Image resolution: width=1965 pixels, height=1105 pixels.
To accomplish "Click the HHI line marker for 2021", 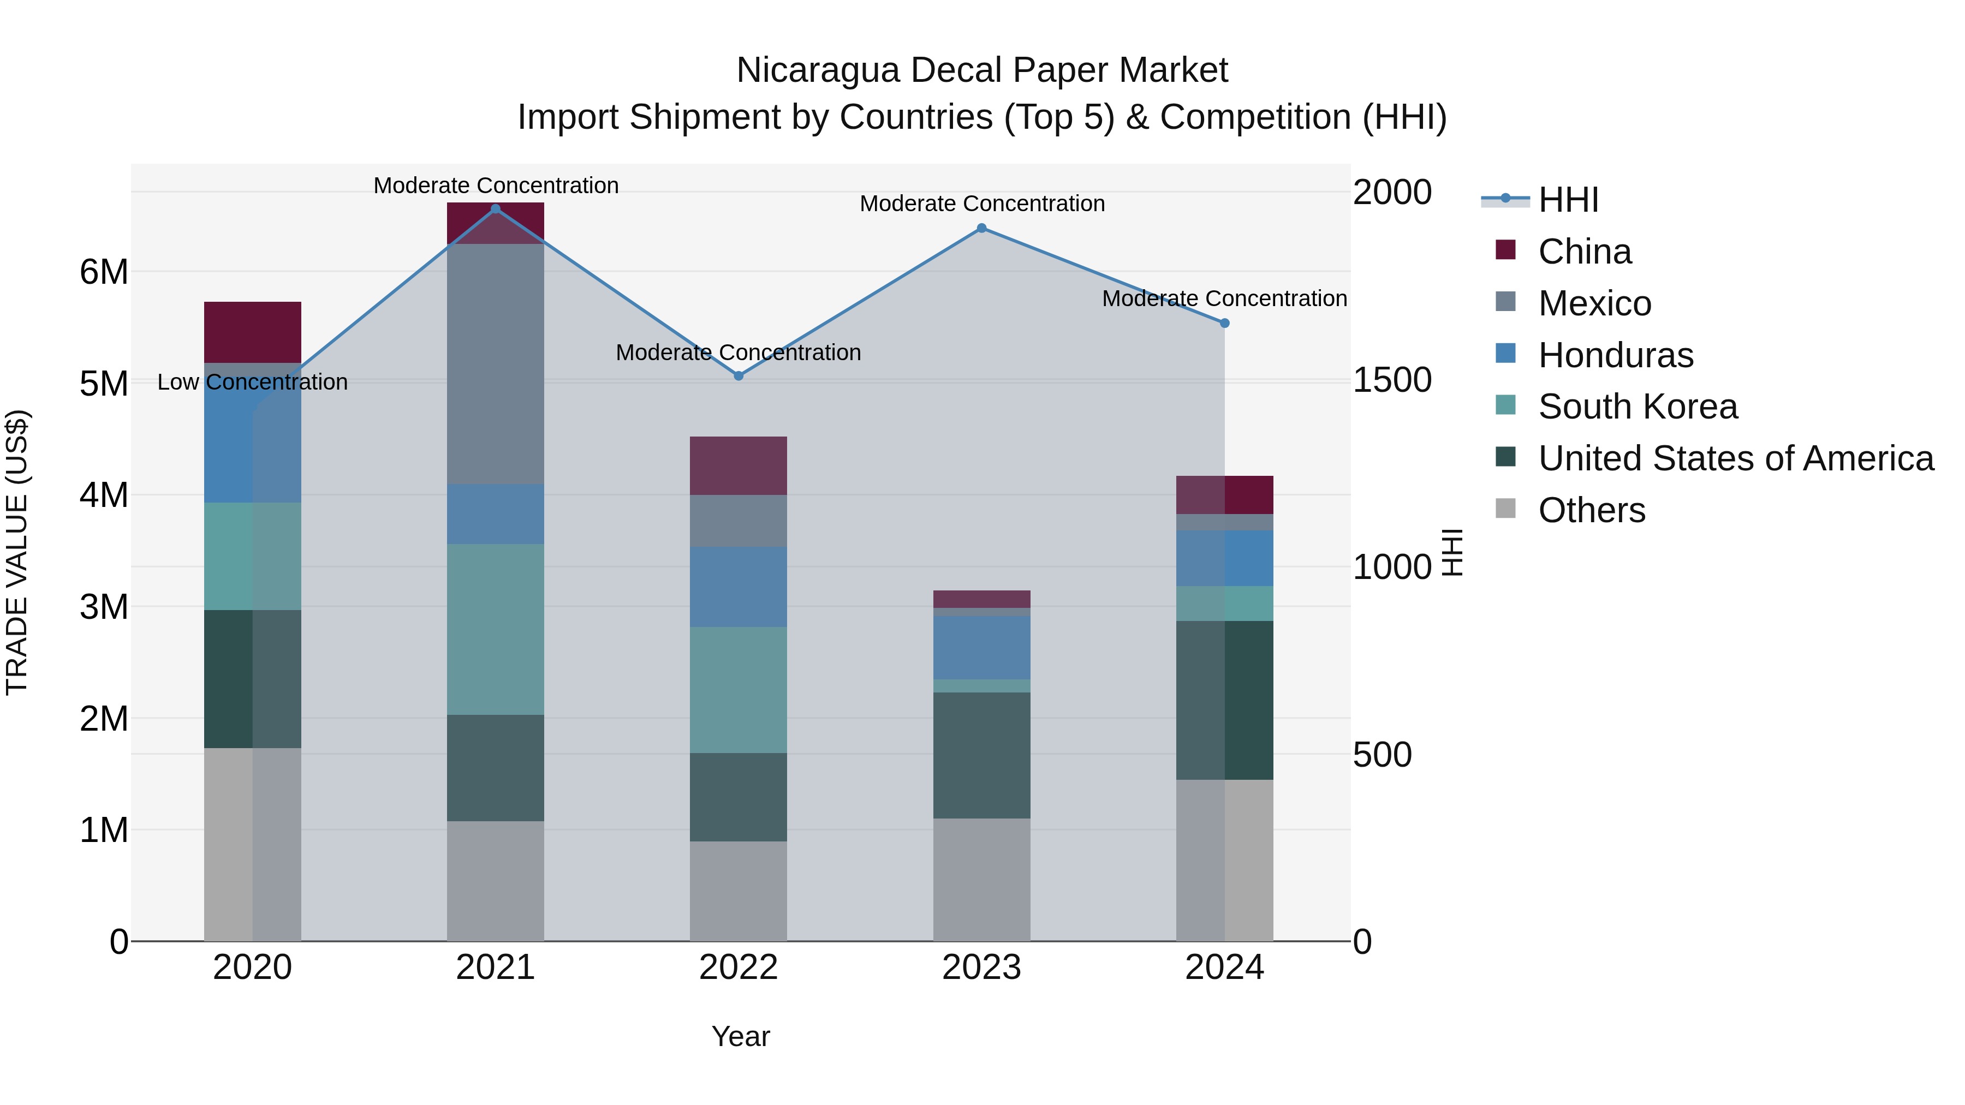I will [x=495, y=209].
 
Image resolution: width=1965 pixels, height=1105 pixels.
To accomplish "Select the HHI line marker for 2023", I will [x=982, y=228].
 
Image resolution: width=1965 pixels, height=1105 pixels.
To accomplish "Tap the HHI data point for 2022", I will [x=739, y=376].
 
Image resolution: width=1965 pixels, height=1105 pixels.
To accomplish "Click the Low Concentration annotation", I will [x=253, y=382].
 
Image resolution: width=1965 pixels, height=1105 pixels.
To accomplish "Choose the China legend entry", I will [x=1585, y=252].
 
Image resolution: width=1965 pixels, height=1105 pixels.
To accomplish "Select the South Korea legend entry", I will [x=1637, y=407].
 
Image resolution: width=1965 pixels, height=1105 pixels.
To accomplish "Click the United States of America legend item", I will [x=1735, y=458].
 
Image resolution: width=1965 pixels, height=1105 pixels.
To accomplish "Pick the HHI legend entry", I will [x=1568, y=200].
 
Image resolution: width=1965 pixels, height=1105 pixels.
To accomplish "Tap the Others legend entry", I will [x=1591, y=510].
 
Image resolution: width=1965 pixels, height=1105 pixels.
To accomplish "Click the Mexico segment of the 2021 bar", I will [x=495, y=364].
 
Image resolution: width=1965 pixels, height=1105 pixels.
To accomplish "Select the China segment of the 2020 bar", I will [x=253, y=332].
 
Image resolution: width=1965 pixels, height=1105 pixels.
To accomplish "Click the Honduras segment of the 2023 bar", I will [x=982, y=647].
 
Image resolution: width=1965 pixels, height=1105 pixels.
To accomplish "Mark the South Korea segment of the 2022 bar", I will [x=739, y=690].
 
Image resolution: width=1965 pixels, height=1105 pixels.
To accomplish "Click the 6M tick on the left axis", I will [x=104, y=272].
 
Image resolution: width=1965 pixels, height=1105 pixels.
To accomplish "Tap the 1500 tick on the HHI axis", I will [x=1391, y=380].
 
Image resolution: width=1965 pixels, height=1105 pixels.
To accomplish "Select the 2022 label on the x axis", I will [x=739, y=967].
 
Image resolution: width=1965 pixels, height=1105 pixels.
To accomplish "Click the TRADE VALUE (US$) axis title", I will [x=17, y=552].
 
